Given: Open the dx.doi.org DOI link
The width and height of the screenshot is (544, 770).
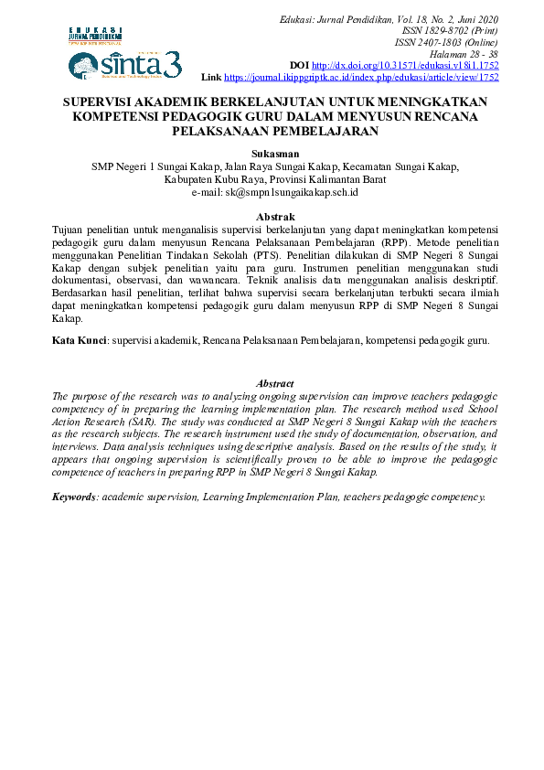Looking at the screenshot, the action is (x=405, y=67).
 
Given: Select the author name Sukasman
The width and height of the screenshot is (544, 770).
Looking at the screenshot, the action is (x=274, y=155).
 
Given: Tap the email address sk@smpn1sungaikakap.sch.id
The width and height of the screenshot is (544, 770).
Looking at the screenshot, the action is (x=274, y=193).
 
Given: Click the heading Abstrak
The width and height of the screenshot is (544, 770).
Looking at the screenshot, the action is (x=274, y=216).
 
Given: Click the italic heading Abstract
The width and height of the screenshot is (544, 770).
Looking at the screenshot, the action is (x=274, y=383).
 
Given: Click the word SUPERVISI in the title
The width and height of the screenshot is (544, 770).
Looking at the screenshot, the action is (x=101, y=102).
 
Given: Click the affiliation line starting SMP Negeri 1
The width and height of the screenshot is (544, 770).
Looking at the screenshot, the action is (x=274, y=167).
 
